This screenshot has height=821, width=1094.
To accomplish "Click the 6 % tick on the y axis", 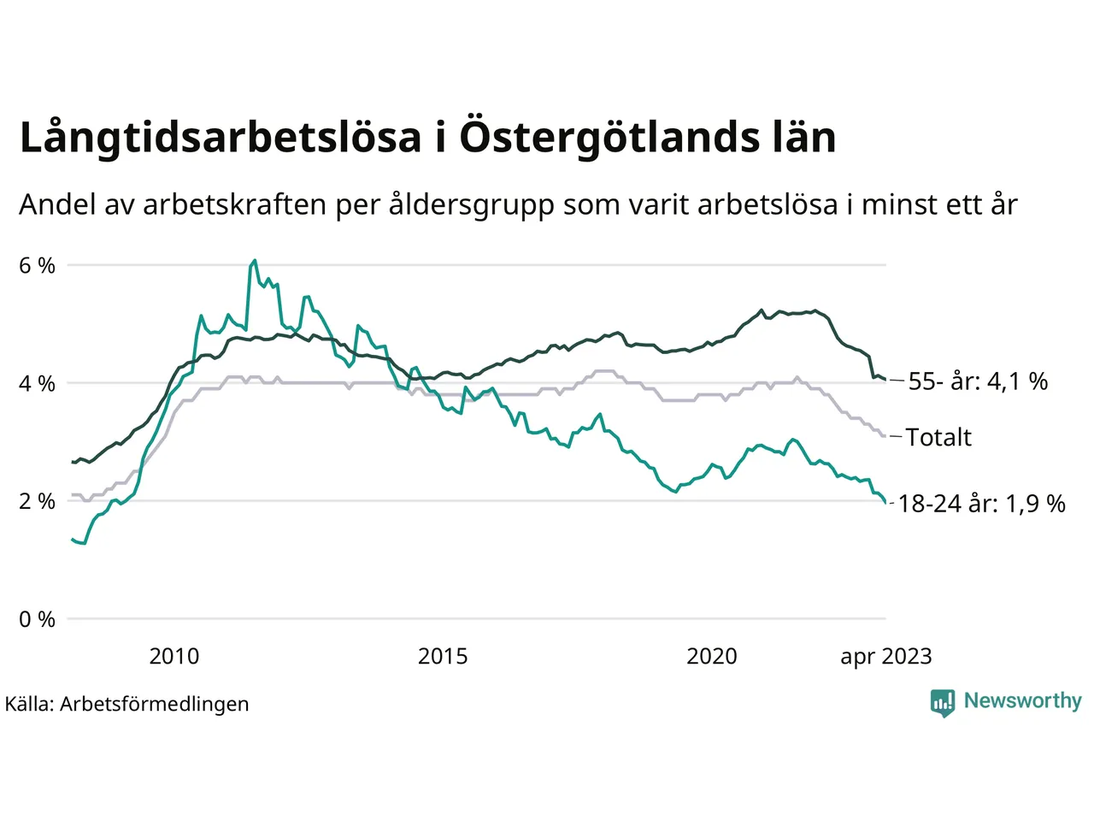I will pos(37,265).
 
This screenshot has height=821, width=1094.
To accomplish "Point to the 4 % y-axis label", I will pos(37,383).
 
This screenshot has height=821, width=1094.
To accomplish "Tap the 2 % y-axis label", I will pos(37,501).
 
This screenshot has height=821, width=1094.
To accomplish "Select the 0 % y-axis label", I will pos(37,619).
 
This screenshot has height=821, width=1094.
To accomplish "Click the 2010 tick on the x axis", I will pos(174,656).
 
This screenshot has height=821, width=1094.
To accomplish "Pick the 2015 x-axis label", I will pos(443,656).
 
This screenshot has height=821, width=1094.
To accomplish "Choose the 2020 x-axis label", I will pos(712,656).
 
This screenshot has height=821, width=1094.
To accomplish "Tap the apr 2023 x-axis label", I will pos(886,656).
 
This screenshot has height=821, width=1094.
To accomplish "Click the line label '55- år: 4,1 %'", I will pos(978,381).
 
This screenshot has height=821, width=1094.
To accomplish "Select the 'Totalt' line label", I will pos(938,437).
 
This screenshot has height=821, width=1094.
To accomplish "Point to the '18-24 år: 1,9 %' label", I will pos(981,504).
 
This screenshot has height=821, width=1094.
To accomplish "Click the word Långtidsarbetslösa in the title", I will pos(221,138).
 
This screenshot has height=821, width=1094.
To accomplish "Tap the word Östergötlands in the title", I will pos(605,138).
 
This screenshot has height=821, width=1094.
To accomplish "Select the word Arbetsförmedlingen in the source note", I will pos(155,704).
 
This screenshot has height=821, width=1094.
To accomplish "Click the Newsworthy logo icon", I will pos(943,702).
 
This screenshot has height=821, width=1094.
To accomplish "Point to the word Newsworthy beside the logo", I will pos(1022,701).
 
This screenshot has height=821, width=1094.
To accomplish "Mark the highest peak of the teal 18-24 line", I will pos(255,260).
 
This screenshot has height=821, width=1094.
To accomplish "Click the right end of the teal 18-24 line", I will pos(885,504).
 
